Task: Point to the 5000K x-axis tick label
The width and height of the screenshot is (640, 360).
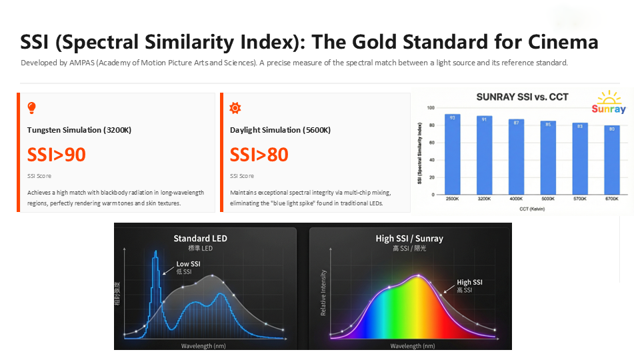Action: click(x=548, y=199)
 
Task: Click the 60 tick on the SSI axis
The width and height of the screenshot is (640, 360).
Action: click(x=431, y=143)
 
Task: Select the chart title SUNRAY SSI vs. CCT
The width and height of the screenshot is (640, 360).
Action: click(x=523, y=97)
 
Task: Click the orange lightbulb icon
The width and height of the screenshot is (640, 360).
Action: click(x=31, y=108)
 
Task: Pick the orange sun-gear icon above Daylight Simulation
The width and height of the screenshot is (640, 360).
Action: click(x=234, y=108)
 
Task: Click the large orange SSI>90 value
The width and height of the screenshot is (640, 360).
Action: click(x=57, y=155)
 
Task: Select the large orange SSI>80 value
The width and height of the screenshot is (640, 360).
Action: click(x=259, y=155)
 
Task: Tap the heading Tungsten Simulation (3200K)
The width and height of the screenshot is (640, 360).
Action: click(x=79, y=130)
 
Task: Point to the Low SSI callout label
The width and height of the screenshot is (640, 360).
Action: click(x=188, y=264)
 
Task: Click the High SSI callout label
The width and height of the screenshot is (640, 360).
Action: click(x=469, y=283)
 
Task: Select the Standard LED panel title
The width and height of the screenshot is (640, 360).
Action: click(x=200, y=238)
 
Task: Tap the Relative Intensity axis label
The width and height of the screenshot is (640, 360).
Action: click(x=324, y=292)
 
